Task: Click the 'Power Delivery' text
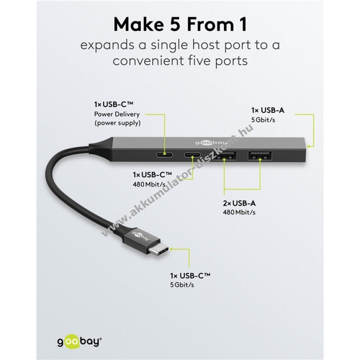click(x=117, y=114)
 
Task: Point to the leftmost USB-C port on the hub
click(x=165, y=154)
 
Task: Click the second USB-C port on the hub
click(x=192, y=154)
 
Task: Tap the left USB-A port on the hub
click(x=224, y=156)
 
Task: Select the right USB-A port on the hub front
click(x=260, y=156)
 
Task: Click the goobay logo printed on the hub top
click(x=211, y=142)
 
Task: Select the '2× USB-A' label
click(x=239, y=203)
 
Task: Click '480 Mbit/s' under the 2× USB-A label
click(x=239, y=212)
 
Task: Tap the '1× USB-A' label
click(x=268, y=110)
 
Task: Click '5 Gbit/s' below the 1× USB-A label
click(x=263, y=120)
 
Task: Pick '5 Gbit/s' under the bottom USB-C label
click(x=182, y=285)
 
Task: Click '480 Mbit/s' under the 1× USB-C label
click(x=149, y=184)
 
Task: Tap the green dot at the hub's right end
click(x=309, y=146)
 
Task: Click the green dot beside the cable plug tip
click(x=171, y=249)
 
